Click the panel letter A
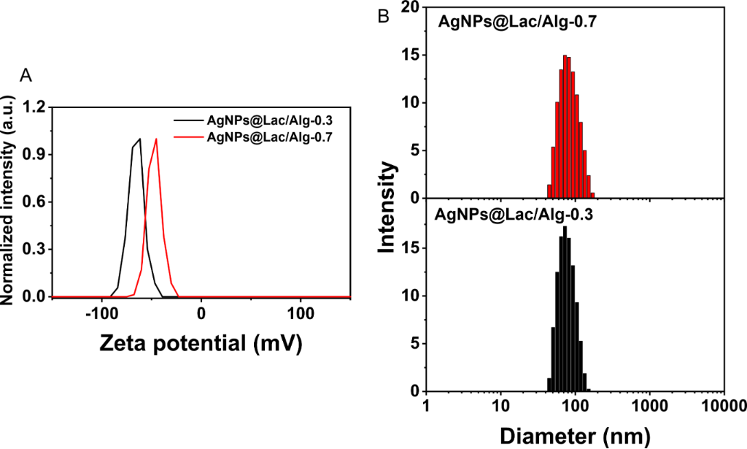[27, 75]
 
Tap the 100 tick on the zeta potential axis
[301, 315]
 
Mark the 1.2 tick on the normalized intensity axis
[35, 107]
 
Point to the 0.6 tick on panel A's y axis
[35, 202]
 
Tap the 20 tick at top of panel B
[411, 8]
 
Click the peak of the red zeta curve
[155, 139]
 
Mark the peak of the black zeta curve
[139, 139]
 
